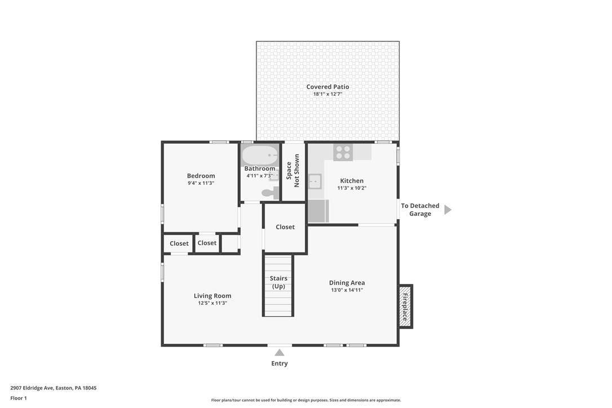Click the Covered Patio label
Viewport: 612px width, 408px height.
[x=327, y=87]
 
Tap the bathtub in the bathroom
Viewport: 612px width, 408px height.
[x=260, y=156]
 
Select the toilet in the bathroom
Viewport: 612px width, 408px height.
[x=270, y=193]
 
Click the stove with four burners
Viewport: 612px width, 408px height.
[x=343, y=152]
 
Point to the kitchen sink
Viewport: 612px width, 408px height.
[x=314, y=181]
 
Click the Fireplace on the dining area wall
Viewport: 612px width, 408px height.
[x=405, y=307]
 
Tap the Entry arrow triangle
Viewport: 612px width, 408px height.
[x=280, y=353]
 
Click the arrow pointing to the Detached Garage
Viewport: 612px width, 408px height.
[x=448, y=210]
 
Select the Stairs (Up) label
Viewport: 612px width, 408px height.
[x=279, y=282]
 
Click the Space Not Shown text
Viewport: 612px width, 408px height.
[x=292, y=171]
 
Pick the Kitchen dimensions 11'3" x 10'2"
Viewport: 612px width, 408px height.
[x=352, y=188]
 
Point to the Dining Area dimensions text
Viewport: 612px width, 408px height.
[x=347, y=290]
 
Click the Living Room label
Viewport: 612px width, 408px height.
[x=212, y=295]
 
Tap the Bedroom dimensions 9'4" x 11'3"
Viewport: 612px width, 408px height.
[x=201, y=183]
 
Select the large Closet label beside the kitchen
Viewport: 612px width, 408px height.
[x=285, y=227]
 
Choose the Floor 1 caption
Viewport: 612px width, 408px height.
[x=19, y=398]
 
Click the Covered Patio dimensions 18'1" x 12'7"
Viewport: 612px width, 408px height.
[x=327, y=94]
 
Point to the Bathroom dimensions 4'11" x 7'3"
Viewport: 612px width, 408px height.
[x=260, y=176]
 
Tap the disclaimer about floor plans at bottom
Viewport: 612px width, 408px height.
[x=306, y=400]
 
